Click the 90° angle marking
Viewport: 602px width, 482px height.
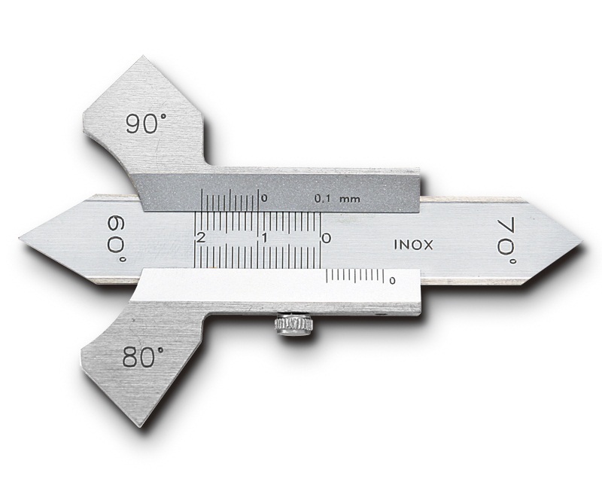tap(141, 124)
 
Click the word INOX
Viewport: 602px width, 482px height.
tap(413, 245)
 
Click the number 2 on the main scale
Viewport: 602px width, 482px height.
tap(199, 238)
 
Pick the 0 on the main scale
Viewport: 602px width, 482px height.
tap(326, 238)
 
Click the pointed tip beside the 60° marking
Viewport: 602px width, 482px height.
tap(20, 233)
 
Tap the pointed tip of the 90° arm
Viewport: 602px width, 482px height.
tap(141, 56)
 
